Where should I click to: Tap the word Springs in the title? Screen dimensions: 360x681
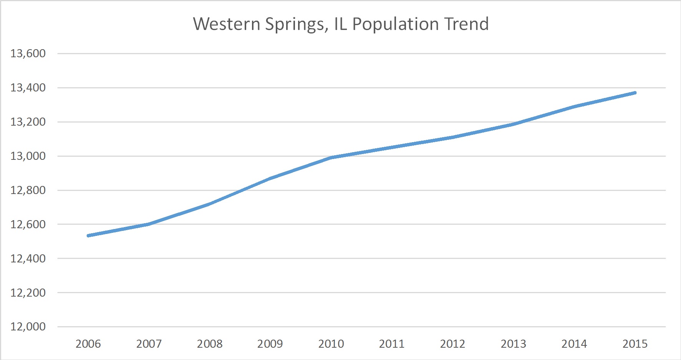295,25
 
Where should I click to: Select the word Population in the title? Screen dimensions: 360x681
395,25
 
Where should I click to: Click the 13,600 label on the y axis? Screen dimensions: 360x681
28,53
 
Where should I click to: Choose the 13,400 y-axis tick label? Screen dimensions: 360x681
28,88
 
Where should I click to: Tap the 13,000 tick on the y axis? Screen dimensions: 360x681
28,156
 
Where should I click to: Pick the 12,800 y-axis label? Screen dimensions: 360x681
28,190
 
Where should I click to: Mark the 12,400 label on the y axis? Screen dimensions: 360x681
28,259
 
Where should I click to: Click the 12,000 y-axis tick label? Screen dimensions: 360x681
28,327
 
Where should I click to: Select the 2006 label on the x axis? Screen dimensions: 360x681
88,344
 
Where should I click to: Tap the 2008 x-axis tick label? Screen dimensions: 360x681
210,344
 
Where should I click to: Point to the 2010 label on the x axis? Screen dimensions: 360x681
331,344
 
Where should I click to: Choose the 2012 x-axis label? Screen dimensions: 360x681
452,344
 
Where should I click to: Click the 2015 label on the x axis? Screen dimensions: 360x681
635,344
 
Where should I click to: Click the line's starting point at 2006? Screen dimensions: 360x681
88,236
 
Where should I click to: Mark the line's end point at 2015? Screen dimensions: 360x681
635,93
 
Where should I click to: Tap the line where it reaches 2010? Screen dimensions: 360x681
331,158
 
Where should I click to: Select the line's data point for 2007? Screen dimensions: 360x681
149,224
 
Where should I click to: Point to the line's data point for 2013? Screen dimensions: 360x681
514,124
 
